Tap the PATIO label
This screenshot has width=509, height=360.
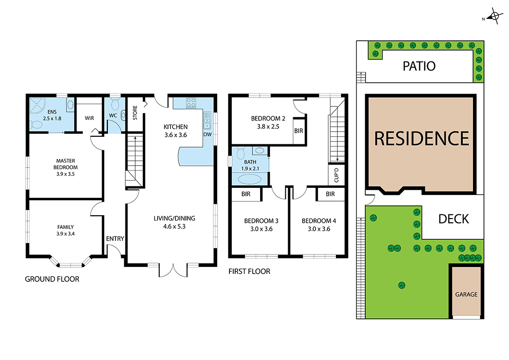tap(419, 66)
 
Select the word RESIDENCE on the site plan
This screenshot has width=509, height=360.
tap(421, 139)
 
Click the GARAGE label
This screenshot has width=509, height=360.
tap(466, 294)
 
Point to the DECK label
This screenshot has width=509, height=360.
tap(454, 219)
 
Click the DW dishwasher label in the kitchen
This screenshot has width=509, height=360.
tap(207, 134)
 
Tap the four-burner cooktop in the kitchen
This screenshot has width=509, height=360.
tap(191, 103)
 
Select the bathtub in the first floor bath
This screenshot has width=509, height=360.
tap(249, 179)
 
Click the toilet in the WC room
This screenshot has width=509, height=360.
tap(114, 104)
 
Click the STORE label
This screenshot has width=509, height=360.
tap(135, 113)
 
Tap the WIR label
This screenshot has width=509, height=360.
tap(89, 118)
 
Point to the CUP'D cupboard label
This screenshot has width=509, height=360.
tap(336, 175)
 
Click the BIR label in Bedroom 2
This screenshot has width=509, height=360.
tap(298, 131)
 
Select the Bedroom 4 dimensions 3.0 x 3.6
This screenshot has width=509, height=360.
tap(319, 229)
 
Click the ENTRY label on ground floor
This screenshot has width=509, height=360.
tap(115, 238)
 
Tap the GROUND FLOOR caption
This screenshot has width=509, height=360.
tap(52, 279)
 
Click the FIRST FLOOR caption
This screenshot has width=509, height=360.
tap(249, 272)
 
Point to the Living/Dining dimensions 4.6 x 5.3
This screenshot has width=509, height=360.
tap(175, 227)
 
